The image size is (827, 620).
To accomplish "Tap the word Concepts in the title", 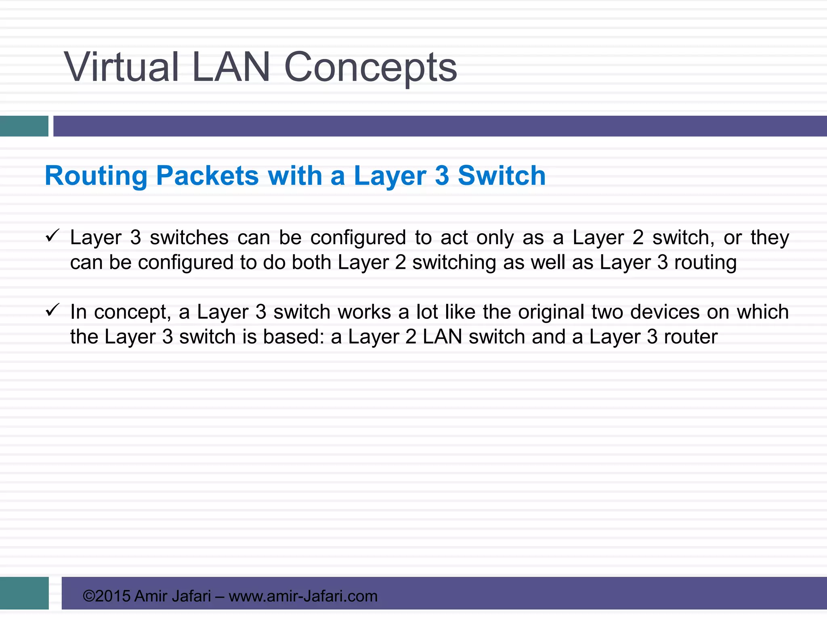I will (370, 68).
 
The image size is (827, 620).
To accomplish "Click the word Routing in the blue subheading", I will (96, 176).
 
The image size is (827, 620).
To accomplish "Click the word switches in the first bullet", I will (189, 238).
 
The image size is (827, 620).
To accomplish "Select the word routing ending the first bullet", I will (705, 262).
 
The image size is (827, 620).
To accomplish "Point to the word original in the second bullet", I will (551, 312).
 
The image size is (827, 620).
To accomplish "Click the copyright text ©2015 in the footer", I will (106, 596).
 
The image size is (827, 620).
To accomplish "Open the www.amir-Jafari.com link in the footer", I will (303, 596).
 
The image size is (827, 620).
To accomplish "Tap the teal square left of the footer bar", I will (24, 593).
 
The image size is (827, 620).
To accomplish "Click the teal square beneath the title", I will (24, 126).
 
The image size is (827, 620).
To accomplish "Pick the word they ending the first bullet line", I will (770, 238).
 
